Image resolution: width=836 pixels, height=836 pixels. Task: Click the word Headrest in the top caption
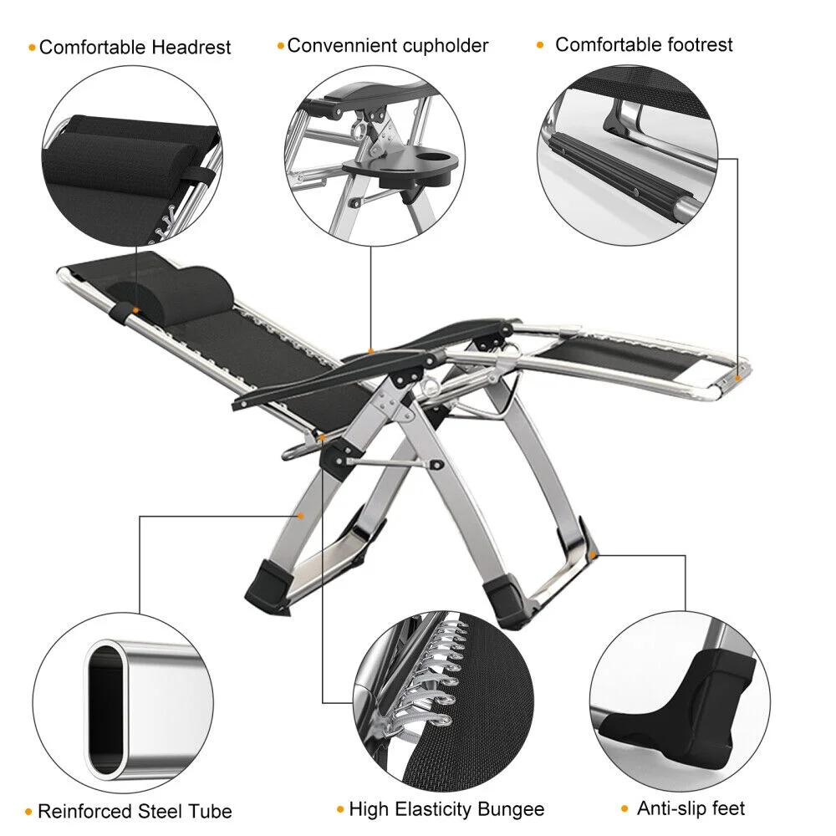pos(191,47)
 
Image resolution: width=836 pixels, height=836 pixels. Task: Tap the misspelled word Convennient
pos(342,45)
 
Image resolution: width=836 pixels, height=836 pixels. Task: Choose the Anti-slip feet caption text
pos(691,808)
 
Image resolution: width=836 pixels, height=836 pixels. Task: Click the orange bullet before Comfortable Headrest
pos(32,48)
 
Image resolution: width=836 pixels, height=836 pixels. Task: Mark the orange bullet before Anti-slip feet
pos(625,809)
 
